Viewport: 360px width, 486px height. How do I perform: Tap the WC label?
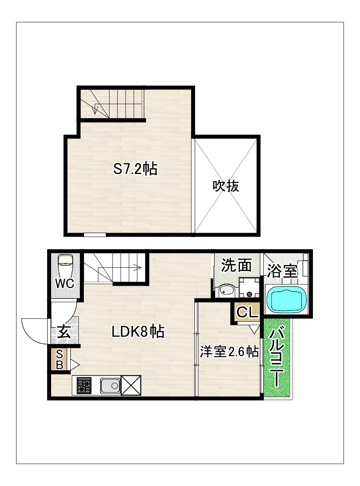[x=65, y=284]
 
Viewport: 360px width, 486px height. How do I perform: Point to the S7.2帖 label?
[x=135, y=169]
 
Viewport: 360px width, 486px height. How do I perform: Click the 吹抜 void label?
[x=225, y=186]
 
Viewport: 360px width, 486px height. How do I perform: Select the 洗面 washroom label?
[x=236, y=265]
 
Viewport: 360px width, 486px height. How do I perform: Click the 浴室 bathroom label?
[x=282, y=271]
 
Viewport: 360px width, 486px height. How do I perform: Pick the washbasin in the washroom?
[x=227, y=291]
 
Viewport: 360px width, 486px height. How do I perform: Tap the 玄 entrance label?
[x=64, y=332]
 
